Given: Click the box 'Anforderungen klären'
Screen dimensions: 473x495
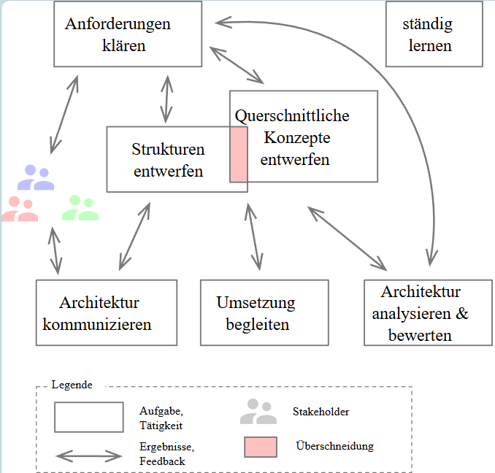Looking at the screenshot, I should pos(128,34).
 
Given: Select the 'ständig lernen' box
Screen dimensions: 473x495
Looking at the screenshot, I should pos(427,34).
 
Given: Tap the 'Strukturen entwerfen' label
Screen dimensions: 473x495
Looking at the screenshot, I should pos(168,160).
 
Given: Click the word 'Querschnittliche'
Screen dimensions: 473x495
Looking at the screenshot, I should pos(292,115).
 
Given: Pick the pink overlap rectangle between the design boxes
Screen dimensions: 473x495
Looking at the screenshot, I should pos(239,153).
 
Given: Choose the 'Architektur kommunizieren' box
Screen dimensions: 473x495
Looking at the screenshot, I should pos(106,312).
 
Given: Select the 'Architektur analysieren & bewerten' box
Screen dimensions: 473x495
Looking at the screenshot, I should pos(429,312).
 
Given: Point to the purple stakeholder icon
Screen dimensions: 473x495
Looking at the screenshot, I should pos(36,177).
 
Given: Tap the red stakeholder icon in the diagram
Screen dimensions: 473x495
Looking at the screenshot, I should pos(20,209).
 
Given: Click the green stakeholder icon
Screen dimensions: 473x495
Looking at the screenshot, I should pos(80,208).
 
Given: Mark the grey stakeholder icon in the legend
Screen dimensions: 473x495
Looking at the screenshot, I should pos(258,412).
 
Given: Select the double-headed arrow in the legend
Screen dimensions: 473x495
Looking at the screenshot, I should pos(89,456).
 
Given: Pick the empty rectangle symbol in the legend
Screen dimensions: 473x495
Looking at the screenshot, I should pos(88,417).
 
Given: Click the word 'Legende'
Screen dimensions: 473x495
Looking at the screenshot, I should pos(72,385).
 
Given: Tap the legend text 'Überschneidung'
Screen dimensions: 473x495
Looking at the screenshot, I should pos(335,446).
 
